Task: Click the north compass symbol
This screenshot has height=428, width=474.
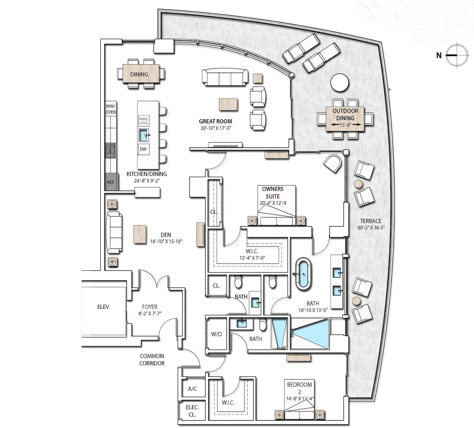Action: tap(457, 55)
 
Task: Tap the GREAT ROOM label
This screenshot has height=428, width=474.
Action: tap(215, 121)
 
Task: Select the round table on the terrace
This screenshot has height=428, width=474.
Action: tap(340, 82)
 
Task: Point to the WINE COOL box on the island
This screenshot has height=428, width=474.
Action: tap(144, 121)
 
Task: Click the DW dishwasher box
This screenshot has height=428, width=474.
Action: tap(143, 149)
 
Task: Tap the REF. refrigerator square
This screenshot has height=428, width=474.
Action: tap(111, 182)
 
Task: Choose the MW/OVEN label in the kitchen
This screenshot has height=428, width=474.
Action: tap(110, 109)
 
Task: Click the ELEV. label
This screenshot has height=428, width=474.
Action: tap(104, 307)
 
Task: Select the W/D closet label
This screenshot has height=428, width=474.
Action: tap(216, 334)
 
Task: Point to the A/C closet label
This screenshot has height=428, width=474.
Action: tap(193, 389)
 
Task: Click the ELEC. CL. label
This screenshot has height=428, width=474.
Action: tap(192, 411)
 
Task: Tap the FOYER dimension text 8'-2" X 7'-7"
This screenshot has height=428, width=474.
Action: tap(150, 313)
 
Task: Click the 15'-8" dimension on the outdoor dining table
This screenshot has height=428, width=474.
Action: tap(345, 125)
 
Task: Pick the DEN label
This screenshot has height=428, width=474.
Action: tap(166, 235)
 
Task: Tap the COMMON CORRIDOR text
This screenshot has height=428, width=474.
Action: tap(152, 359)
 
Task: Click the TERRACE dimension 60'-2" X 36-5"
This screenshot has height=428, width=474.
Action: tap(371, 228)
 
